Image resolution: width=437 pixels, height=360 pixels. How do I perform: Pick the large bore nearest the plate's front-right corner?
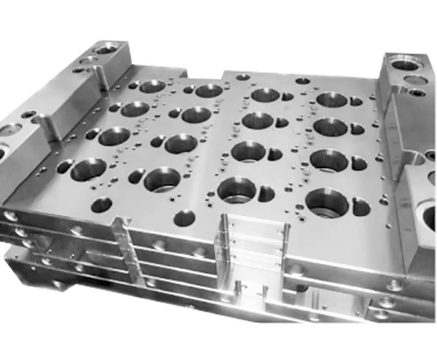click(327, 202)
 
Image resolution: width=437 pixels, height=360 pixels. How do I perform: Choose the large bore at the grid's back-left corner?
click(152, 86)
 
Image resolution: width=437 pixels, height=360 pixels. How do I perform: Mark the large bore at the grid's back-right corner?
click(331, 99)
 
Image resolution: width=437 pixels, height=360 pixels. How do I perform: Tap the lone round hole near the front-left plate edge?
click(102, 205)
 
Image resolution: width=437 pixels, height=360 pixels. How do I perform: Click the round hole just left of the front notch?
click(184, 218)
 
